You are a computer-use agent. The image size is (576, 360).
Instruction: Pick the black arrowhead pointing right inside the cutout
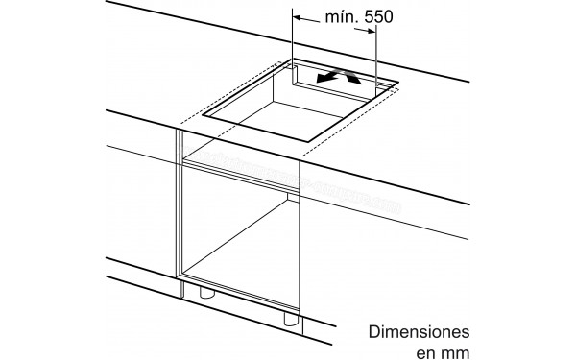[354, 80]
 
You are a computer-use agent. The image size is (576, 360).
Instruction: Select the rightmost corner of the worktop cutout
[395, 88]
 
